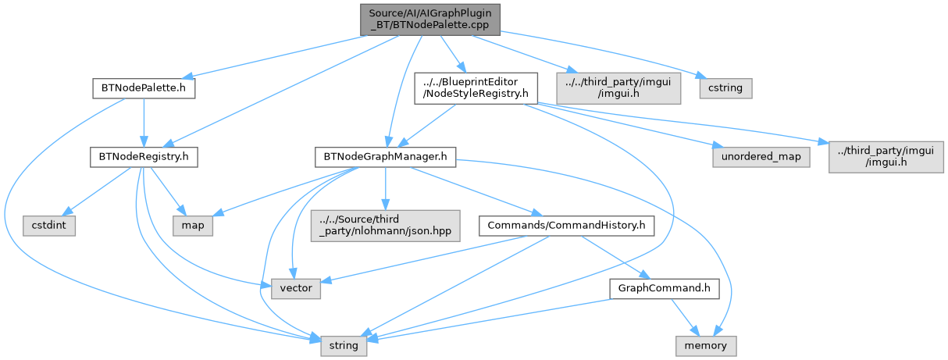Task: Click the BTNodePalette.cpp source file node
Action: pos(430,20)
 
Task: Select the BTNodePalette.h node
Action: pos(144,88)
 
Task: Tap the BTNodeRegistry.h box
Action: pos(144,157)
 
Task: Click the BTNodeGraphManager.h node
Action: pos(385,157)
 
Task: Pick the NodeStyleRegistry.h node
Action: pos(476,88)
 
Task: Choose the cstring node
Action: pos(725,88)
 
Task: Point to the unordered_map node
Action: pos(761,157)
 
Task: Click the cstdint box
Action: pos(49,226)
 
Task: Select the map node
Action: pos(193,226)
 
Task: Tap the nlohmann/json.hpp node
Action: pos(385,226)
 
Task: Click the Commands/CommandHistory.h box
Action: pos(567,226)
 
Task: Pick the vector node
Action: pos(296,288)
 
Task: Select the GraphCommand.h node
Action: pos(665,288)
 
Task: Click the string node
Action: pos(344,346)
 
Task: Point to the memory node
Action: pos(706,346)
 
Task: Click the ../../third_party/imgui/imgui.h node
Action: pos(618,88)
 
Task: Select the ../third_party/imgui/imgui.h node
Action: pos(886,157)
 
